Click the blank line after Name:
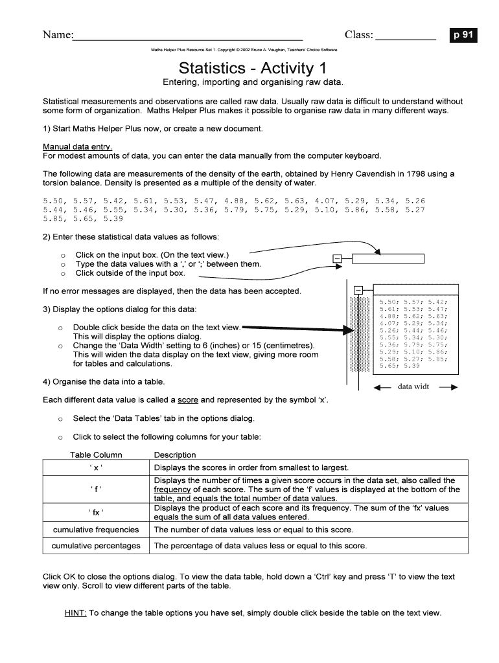click(188, 37)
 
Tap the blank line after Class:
click(406, 37)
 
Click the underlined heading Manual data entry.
click(77, 146)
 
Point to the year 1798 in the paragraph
click(400, 174)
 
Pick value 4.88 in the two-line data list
click(235, 200)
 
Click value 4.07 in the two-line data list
click(325, 200)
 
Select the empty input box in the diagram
click(388, 259)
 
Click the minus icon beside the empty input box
click(336, 260)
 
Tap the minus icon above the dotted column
click(358, 289)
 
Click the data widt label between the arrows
click(413, 387)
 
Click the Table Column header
click(96, 455)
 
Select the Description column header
click(175, 455)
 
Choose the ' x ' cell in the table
click(96, 467)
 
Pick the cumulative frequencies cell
click(96, 530)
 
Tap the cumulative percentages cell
click(96, 546)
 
